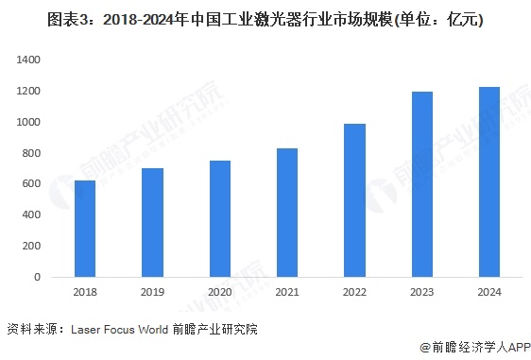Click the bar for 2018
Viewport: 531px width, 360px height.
85,229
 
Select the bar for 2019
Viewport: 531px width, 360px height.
153,223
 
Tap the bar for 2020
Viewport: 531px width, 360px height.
220,219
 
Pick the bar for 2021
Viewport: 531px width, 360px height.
288,213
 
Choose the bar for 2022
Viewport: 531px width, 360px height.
355,200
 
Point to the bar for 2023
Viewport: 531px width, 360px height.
423,184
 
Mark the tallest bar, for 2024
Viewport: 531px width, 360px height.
490,182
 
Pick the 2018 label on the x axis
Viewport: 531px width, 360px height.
85,293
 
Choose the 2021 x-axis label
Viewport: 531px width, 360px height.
288,293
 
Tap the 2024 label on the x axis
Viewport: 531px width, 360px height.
490,293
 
